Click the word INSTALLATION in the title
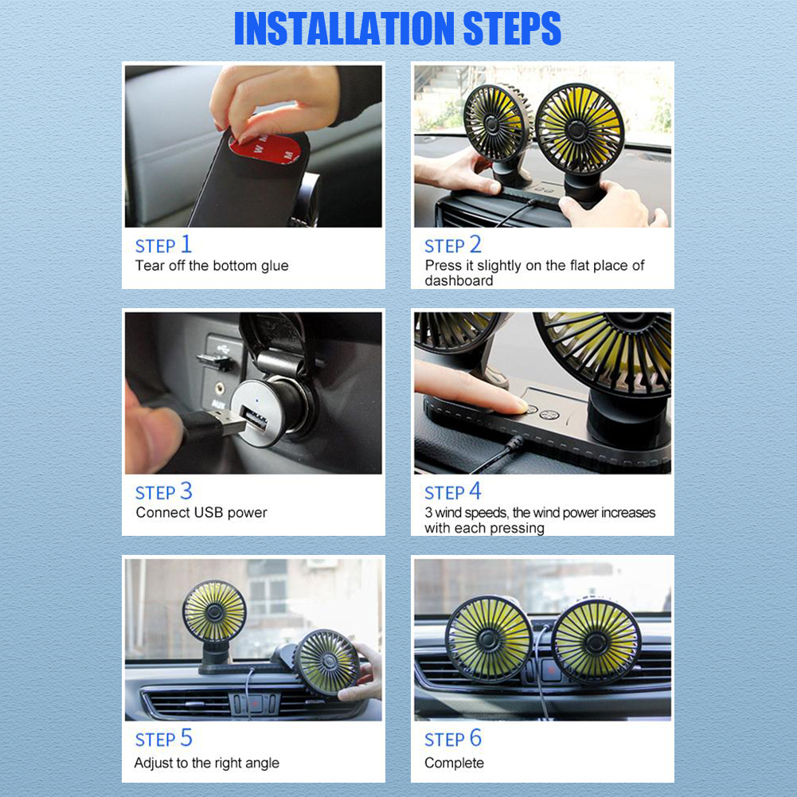point(345,29)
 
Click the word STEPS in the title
point(513,29)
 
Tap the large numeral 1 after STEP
point(186,244)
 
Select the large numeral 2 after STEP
point(475,244)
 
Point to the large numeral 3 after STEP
point(186,491)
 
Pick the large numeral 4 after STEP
point(475,491)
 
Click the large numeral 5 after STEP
point(186,737)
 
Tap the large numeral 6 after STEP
point(475,737)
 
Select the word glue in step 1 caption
point(275,267)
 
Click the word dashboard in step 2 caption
point(459,280)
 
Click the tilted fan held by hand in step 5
point(326,662)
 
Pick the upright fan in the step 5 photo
point(214,623)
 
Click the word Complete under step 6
point(454,763)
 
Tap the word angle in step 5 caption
point(262,764)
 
